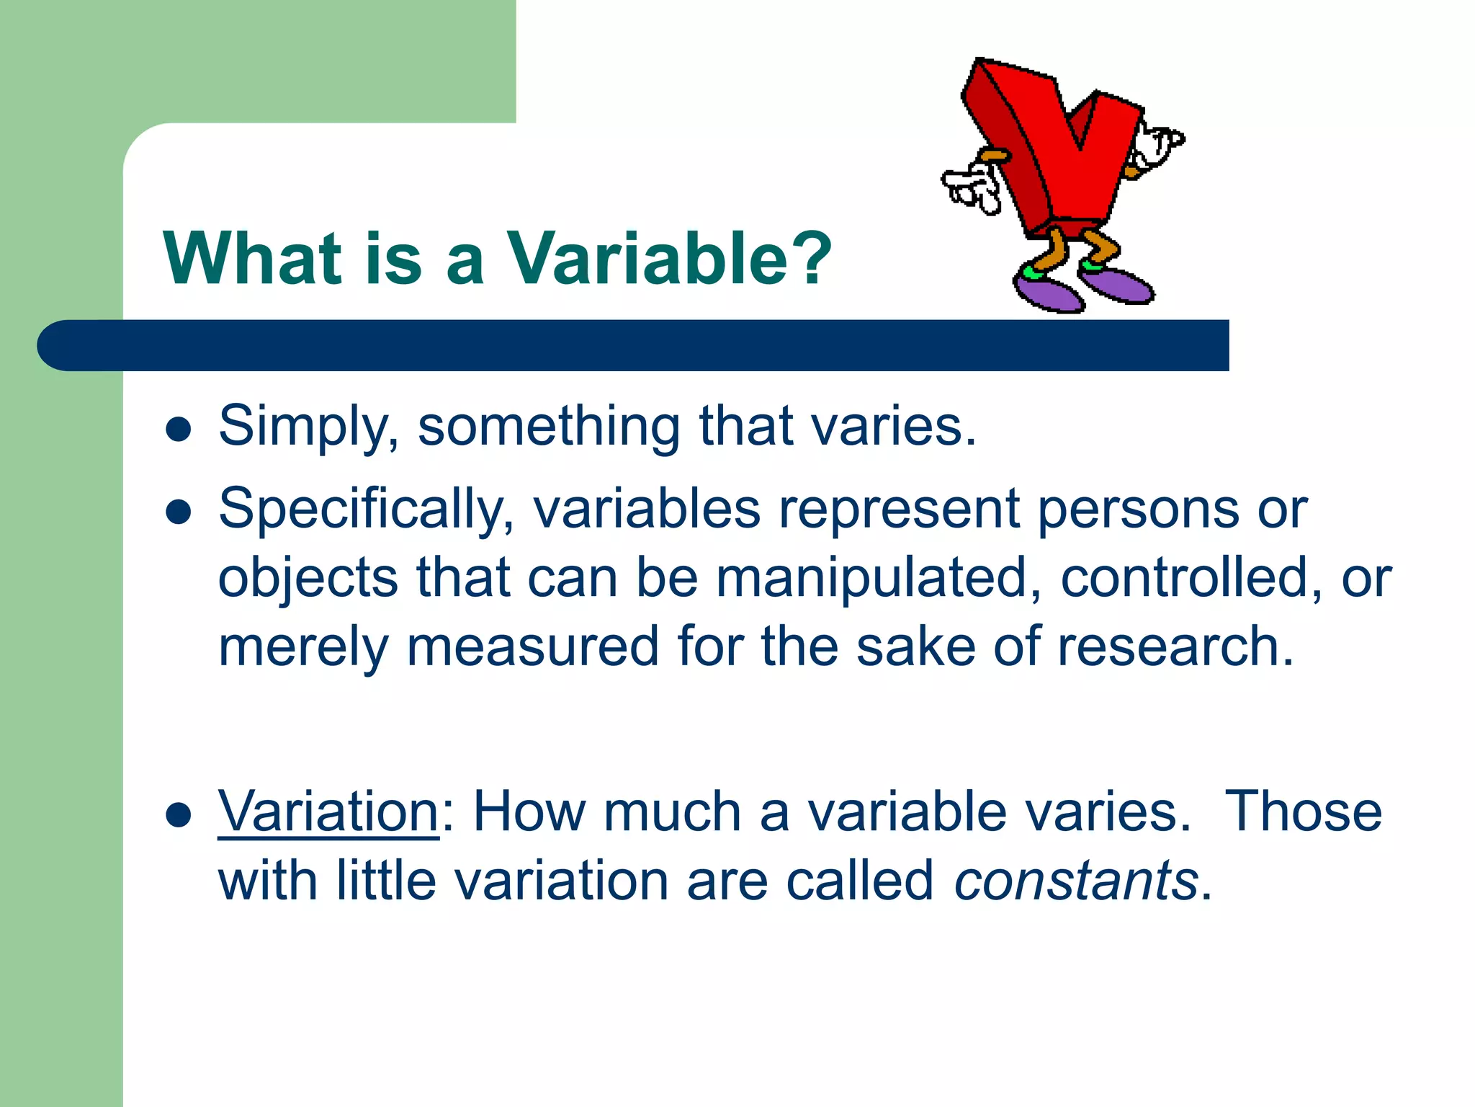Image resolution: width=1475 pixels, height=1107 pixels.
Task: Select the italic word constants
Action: [x=1076, y=881]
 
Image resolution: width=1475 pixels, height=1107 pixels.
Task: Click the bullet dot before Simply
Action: [x=178, y=430]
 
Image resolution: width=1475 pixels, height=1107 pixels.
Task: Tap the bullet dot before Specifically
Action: [x=178, y=512]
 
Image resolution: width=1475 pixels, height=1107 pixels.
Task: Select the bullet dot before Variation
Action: [x=178, y=815]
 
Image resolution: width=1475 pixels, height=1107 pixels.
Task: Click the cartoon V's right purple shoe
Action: [x=1118, y=285]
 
